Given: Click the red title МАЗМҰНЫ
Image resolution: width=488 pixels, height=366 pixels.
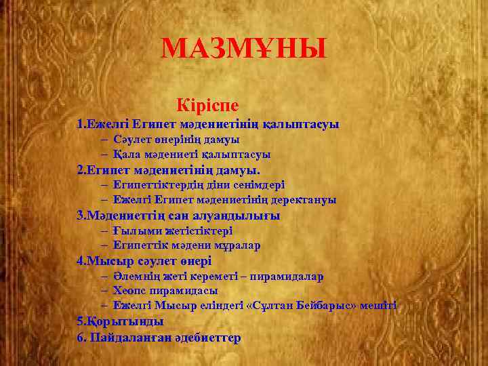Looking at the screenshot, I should point(244,49).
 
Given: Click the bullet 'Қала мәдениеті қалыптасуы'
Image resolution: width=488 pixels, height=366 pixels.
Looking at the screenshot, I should point(192,155).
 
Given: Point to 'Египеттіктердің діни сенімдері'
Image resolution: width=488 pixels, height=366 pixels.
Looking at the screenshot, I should point(199,184).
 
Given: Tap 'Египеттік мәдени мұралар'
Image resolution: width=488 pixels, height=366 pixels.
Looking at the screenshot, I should point(186,245).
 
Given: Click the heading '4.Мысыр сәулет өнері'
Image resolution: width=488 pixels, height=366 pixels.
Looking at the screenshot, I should point(144,261).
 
